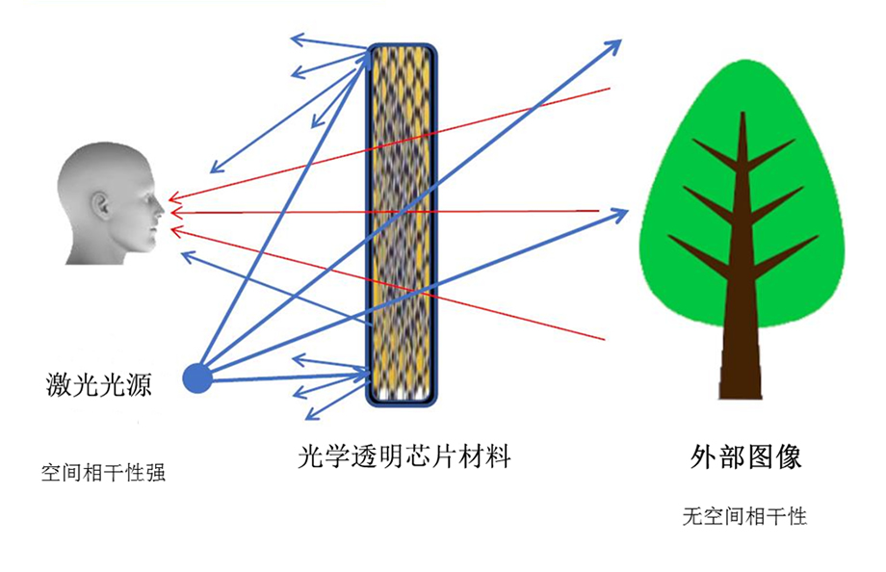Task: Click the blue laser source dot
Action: click(197, 378)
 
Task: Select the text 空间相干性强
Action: click(103, 474)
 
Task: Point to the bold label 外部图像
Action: click(746, 456)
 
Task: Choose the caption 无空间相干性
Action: click(743, 517)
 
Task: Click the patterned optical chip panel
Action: click(403, 221)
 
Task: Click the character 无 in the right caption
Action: click(691, 517)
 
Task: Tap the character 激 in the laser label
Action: click(57, 383)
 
